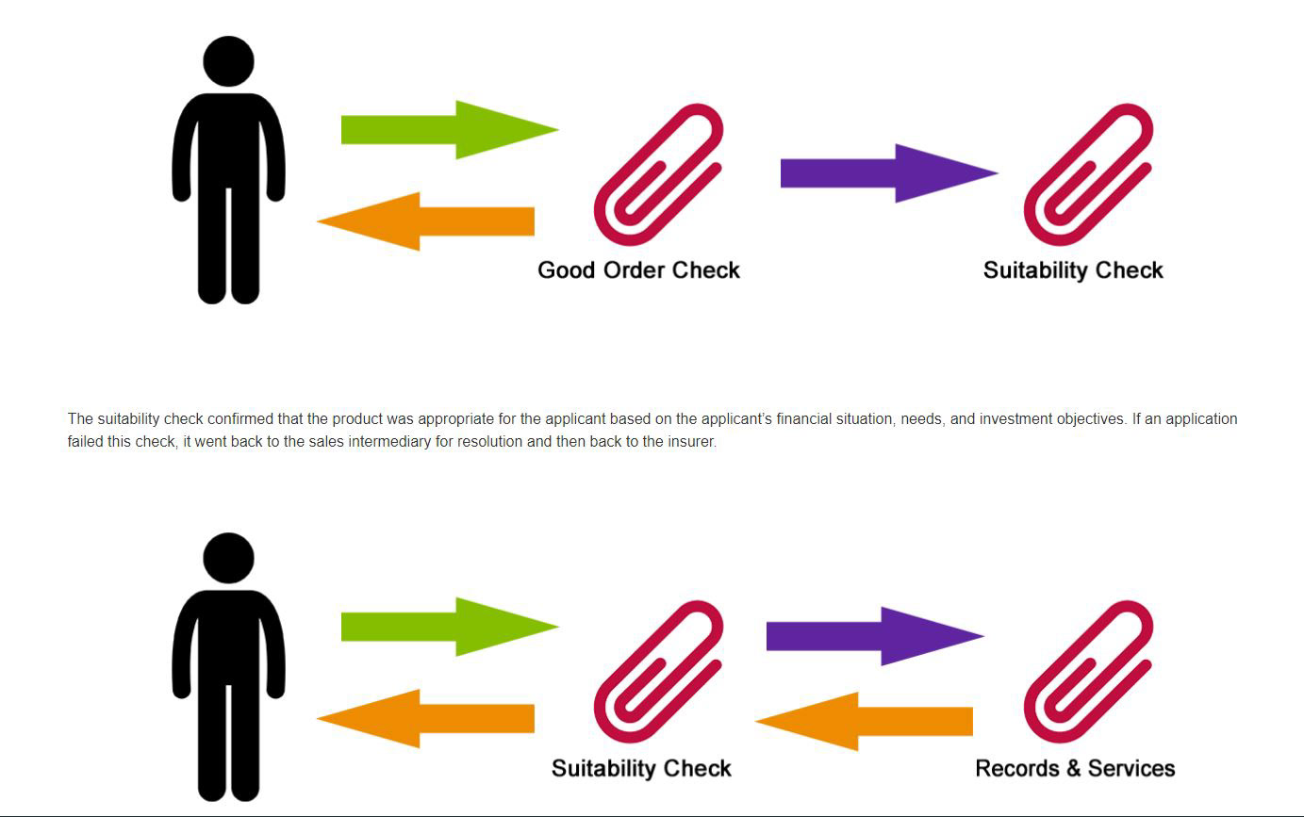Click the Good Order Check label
tap(638, 270)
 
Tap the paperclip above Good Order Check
tap(658, 174)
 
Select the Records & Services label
tap(1075, 768)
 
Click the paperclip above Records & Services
tap(1088, 672)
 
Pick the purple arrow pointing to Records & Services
tap(874, 636)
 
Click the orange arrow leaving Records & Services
tap(864, 721)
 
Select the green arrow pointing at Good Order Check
tap(449, 129)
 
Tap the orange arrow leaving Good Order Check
tap(426, 221)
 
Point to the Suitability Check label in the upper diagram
tap(1073, 270)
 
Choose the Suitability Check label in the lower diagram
tap(641, 768)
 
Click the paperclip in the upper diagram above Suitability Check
tap(1088, 174)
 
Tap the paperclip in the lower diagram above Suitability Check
tap(658, 672)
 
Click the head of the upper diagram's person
tap(228, 61)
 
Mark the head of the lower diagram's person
tap(228, 558)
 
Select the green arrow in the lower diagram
tap(449, 627)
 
